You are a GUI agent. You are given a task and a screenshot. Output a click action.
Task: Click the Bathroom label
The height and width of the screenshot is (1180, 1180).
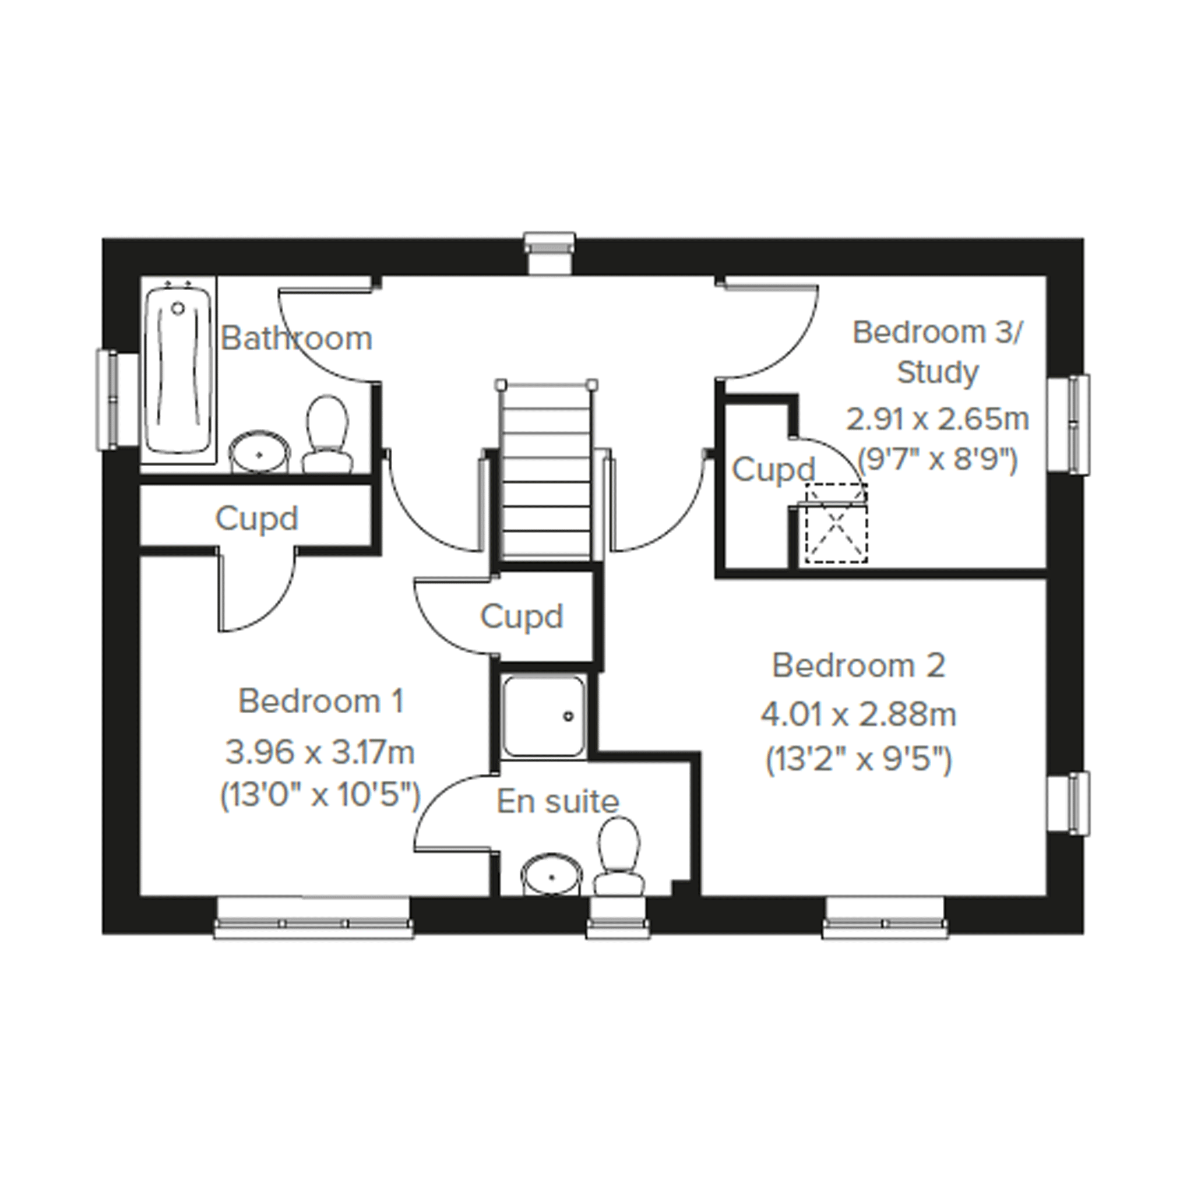click(x=296, y=338)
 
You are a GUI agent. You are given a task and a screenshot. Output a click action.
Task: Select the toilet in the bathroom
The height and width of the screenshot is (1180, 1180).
click(x=327, y=434)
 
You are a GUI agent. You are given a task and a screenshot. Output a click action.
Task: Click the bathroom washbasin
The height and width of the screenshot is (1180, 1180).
click(x=259, y=452)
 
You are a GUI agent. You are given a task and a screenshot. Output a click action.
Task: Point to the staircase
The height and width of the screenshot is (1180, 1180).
click(x=546, y=470)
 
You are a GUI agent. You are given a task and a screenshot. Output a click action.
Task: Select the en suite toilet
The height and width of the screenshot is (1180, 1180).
click(x=619, y=857)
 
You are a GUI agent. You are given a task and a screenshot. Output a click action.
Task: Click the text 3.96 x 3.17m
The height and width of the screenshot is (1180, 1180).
click(x=320, y=752)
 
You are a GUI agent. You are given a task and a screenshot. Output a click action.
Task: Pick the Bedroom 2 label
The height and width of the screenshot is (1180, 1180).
click(x=859, y=665)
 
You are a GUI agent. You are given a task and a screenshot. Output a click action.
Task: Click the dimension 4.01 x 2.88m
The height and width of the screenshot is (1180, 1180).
click(x=859, y=714)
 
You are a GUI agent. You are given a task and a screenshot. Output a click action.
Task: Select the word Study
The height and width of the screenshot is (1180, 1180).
click(x=938, y=372)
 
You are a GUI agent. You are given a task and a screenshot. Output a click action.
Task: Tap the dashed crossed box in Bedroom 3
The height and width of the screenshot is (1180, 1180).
click(x=836, y=523)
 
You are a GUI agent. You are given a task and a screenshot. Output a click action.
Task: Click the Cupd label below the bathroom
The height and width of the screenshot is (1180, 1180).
click(x=256, y=519)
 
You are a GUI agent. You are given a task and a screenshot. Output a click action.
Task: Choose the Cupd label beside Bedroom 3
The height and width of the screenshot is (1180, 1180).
click(x=774, y=470)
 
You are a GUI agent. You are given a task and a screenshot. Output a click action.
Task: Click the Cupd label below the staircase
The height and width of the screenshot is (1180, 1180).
click(x=522, y=617)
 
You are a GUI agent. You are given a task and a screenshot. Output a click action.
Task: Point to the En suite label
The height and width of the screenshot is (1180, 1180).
click(x=558, y=801)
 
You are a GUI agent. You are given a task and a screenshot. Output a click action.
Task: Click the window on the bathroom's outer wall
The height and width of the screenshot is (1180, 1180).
click(x=107, y=399)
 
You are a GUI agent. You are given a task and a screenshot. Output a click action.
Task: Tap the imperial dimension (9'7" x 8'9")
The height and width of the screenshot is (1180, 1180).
click(x=938, y=460)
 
